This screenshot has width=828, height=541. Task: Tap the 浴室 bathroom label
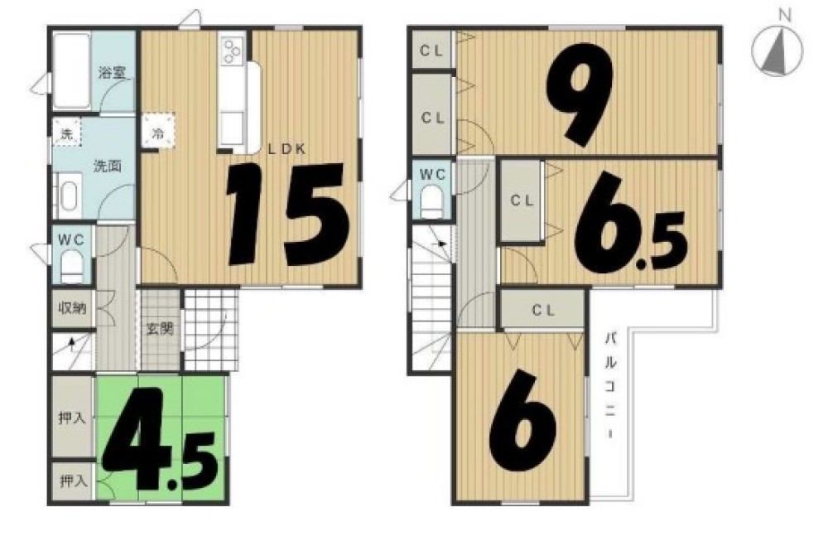pos(112,72)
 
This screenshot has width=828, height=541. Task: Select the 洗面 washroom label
pos(108,167)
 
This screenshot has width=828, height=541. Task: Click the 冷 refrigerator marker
pos(158,133)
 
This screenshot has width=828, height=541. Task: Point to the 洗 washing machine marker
pos(66,133)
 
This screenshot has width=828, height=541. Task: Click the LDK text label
pos(286,149)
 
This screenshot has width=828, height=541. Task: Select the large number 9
pos(580,94)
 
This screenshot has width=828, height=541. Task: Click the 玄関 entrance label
pos(160,329)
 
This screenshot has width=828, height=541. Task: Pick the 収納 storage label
pos(72,308)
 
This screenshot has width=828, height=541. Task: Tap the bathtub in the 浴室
pos(72,70)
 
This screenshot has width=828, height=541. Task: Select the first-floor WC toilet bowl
pos(71,267)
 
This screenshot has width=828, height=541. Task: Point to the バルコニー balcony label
pos(611,385)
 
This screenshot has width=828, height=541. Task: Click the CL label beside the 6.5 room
pos(522,200)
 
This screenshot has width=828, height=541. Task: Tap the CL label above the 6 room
pos(543,311)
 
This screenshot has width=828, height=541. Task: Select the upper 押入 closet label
pos(72,418)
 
